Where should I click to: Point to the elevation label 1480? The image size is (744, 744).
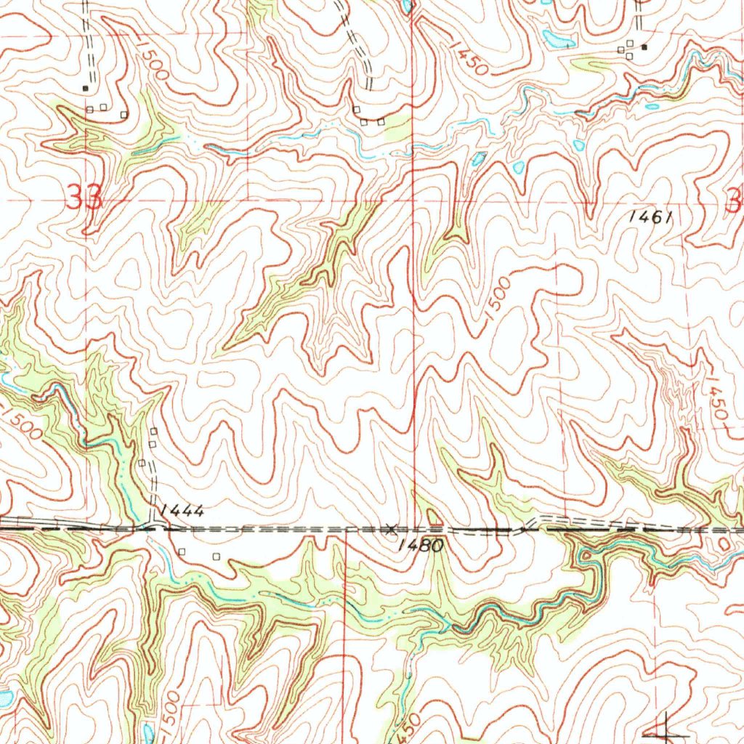coord(421,545)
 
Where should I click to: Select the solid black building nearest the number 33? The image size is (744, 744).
coord(86,88)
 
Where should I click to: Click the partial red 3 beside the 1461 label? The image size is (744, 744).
coord(735,198)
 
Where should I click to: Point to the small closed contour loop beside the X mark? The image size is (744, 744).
coord(434,517)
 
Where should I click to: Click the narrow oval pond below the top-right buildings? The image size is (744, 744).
coord(652,107)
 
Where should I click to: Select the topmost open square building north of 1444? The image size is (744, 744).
coord(153,432)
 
